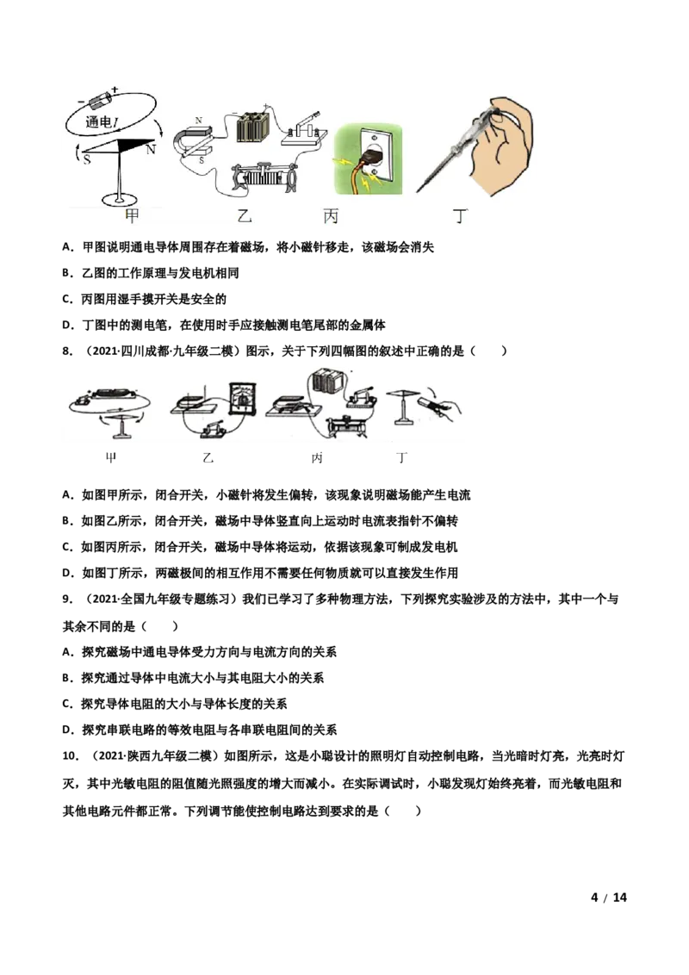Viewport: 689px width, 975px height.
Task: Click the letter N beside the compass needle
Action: tap(151, 150)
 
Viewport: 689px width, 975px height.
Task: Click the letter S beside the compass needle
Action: tap(87, 160)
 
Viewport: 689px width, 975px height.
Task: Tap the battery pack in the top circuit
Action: tap(252, 127)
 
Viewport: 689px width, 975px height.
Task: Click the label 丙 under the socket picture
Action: tap(331, 216)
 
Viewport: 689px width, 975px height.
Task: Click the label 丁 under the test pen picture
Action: tap(461, 216)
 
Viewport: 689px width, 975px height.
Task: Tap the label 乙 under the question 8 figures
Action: tap(208, 458)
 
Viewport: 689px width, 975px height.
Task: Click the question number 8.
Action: tap(67, 351)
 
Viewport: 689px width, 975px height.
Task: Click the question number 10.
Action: tap(71, 756)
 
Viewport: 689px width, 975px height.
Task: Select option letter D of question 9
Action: tap(67, 730)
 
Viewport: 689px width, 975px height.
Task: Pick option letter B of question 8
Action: tap(67, 521)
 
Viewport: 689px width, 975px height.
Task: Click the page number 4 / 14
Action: tap(609, 897)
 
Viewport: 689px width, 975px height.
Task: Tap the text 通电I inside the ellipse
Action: tap(102, 122)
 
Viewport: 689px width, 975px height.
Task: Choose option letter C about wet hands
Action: tap(67, 299)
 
